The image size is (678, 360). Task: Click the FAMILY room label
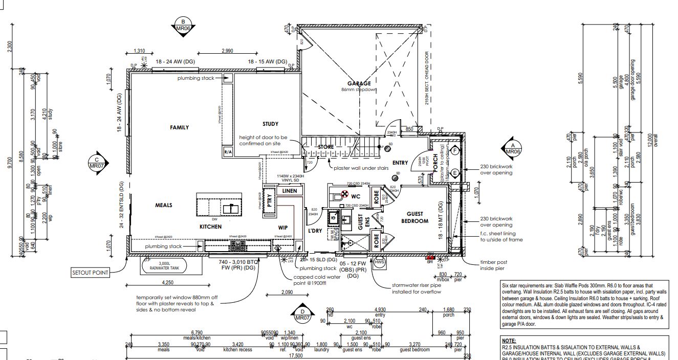180,127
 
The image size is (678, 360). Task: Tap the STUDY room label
271,124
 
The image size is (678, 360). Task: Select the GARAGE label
359,83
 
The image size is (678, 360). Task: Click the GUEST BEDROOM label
414,217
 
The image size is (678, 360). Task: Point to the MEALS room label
164,205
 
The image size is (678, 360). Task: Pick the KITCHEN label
210,226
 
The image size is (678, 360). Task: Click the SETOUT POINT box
91,273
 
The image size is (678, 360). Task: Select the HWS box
379,262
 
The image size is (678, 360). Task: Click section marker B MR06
183,25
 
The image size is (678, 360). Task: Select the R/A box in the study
228,152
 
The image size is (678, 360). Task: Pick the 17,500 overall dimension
296,355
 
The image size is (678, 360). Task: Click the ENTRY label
401,163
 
